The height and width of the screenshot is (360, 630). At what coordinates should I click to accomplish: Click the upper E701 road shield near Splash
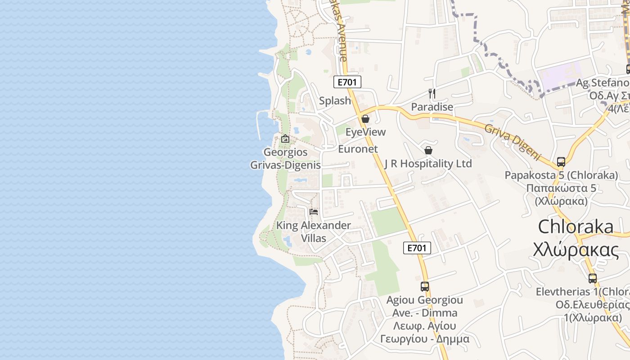[347, 81]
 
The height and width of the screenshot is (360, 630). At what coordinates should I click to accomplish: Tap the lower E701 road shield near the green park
[417, 247]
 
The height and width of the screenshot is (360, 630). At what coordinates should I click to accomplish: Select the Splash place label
[335, 101]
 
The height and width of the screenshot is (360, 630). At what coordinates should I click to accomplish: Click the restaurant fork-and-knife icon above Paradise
[432, 94]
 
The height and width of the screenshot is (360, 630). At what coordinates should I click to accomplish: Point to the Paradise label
[432, 107]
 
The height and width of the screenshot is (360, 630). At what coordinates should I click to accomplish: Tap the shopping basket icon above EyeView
[365, 119]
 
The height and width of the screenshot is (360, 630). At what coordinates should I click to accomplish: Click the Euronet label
[358, 149]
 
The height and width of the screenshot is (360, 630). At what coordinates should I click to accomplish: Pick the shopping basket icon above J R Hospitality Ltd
[428, 150]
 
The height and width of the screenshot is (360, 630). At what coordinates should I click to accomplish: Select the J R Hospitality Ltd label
[428, 164]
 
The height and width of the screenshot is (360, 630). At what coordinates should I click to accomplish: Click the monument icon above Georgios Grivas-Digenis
[285, 139]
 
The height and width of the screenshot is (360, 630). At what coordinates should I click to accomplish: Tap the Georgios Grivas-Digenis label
[286, 158]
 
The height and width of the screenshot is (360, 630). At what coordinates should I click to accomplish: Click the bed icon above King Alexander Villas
[314, 211]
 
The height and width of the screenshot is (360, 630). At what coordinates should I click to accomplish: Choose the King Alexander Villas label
[314, 231]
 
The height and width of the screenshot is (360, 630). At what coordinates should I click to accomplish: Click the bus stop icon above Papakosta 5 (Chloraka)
[561, 162]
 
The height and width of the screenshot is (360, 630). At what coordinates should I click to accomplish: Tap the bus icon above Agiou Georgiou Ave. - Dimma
[425, 286]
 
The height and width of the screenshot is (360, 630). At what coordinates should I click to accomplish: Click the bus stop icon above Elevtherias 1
[593, 278]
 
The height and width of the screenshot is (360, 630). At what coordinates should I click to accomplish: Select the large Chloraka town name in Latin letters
[576, 227]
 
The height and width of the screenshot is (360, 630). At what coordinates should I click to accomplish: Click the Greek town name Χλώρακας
[576, 249]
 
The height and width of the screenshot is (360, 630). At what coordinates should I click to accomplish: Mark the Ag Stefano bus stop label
[603, 83]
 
